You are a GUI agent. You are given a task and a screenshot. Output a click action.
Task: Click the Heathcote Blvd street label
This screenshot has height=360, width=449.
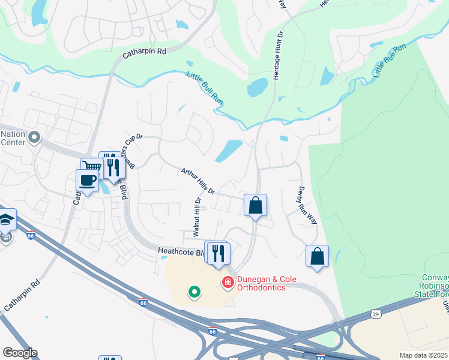(x=180, y=253)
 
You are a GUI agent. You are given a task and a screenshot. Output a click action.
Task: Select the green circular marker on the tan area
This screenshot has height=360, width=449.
(x=194, y=292)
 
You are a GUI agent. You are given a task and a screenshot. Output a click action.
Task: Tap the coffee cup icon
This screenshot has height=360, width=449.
(x=87, y=180)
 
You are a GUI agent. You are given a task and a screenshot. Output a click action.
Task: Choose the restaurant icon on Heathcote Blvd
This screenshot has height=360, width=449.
(x=218, y=253)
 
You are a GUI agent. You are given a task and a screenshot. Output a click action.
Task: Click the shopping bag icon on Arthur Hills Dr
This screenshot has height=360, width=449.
(x=255, y=205)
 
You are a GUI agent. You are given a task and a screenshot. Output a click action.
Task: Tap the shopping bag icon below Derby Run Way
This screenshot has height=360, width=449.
(x=318, y=256)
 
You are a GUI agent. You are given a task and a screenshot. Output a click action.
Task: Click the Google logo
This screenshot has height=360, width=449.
(x=19, y=353)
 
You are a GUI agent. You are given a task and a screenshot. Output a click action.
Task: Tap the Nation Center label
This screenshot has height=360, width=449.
(x=13, y=138)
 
